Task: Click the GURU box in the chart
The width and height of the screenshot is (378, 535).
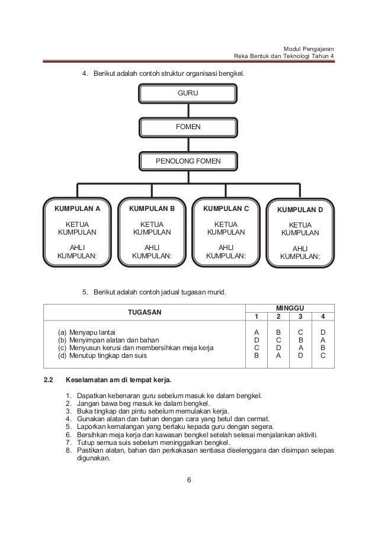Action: click(188, 94)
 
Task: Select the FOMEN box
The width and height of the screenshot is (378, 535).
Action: click(188, 127)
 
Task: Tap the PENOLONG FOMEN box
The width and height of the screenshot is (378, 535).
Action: click(188, 161)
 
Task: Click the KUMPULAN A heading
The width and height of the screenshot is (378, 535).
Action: click(77, 209)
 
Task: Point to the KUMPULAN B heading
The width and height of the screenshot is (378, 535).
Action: click(152, 209)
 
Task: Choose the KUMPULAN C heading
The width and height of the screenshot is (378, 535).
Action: click(226, 209)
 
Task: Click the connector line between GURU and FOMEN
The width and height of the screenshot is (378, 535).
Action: click(188, 111)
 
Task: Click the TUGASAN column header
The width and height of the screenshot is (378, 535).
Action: click(146, 312)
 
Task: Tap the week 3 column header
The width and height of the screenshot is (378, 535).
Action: click(300, 317)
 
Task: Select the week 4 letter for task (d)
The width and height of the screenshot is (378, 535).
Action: click(323, 357)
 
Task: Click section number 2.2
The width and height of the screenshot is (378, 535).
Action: click(49, 380)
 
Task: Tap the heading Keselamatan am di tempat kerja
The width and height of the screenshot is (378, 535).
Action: click(117, 380)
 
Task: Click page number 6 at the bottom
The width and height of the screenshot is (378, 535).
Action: click(188, 480)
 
